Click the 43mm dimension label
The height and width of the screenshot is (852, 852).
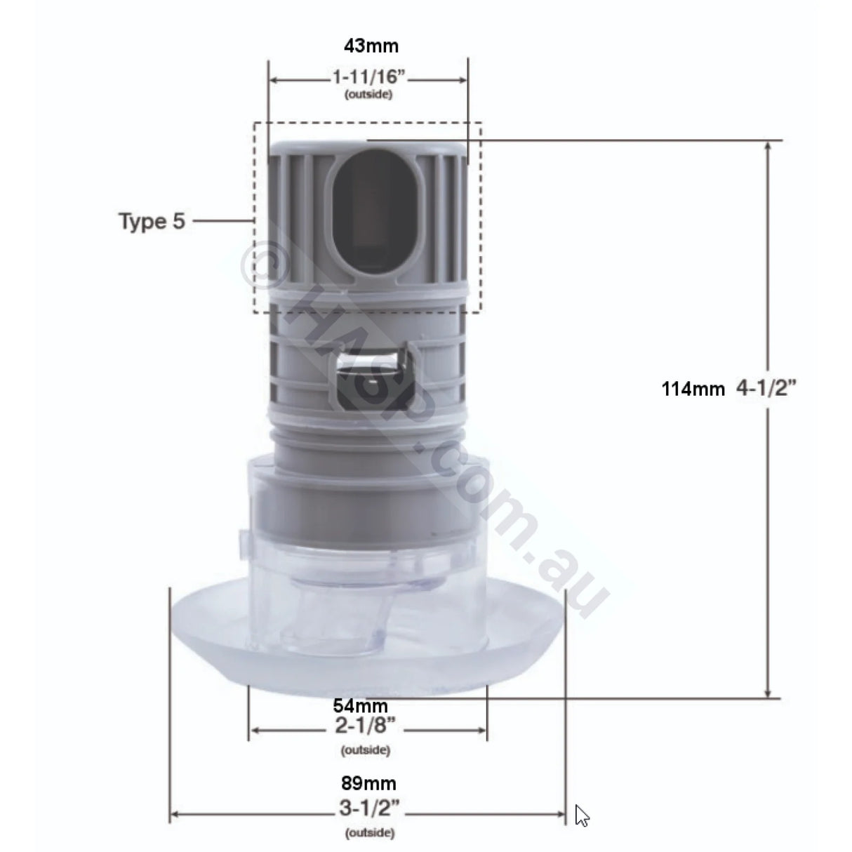371,46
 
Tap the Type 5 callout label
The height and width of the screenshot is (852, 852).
152,222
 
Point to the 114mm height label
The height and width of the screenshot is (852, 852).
693,389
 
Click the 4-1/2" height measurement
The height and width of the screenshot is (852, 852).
767,387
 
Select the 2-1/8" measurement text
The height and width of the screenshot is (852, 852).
365,729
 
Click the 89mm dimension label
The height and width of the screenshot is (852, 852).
369,783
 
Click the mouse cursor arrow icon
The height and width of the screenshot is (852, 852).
581,816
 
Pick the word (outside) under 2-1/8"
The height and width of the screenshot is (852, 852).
365,750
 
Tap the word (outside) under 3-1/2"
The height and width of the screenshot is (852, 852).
369,834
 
